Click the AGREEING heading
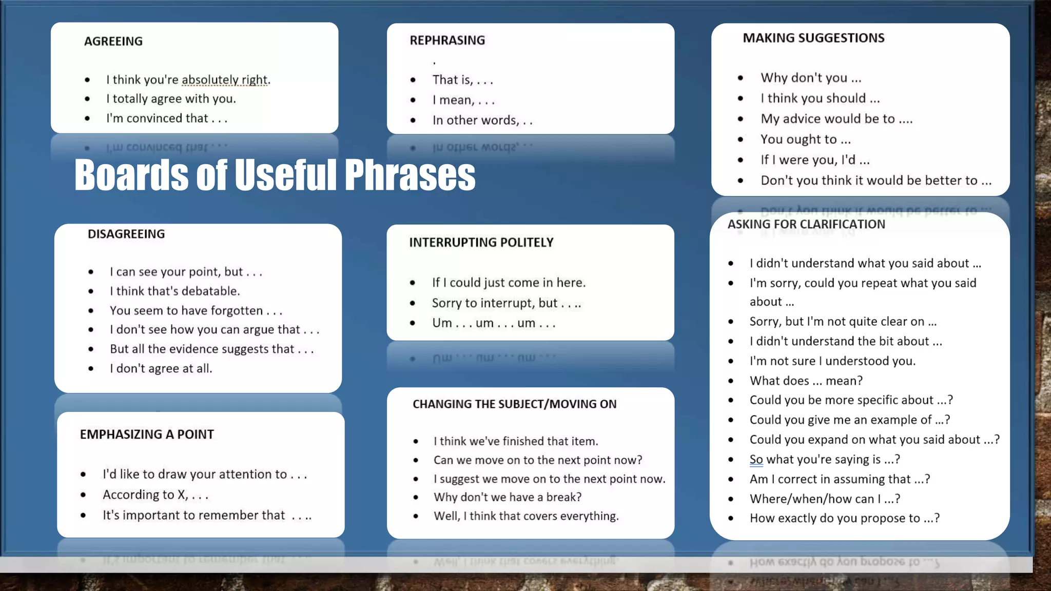coord(113,41)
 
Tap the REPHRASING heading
coord(447,40)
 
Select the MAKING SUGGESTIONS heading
coord(813,38)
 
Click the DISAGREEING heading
coord(126,234)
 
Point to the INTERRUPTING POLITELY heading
coord(481,242)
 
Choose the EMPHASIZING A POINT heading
coord(147,434)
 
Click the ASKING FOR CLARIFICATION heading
coord(806,224)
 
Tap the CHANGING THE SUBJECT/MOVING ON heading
coord(515,404)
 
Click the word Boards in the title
coord(131,175)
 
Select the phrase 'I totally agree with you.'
coord(171,98)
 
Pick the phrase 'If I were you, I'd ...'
coord(815,160)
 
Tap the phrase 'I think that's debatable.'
coord(175,291)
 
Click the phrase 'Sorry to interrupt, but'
coord(495,303)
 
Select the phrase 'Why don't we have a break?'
coord(508,497)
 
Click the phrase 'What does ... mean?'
coord(806,381)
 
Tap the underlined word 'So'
coord(756,459)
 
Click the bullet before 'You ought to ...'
coord(741,139)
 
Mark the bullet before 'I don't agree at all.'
coord(91,368)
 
